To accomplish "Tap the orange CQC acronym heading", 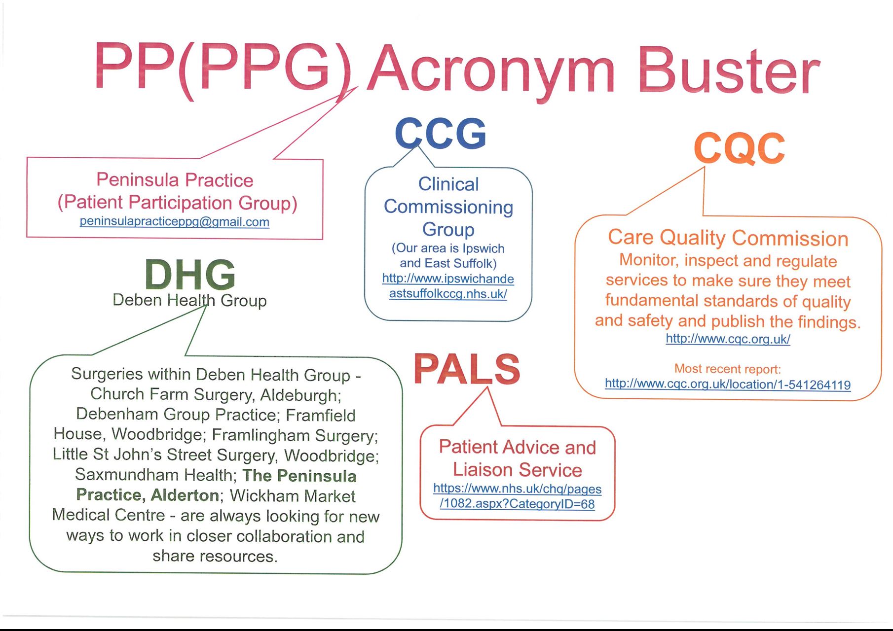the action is click(x=739, y=148).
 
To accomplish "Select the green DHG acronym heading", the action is click(x=190, y=275).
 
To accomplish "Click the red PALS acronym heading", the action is click(x=467, y=369).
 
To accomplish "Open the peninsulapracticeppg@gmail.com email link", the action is click(x=175, y=221).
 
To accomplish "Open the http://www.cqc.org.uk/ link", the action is click(x=728, y=339).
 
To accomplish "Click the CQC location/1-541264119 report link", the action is click(x=728, y=385).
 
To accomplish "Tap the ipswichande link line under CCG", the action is click(x=448, y=279).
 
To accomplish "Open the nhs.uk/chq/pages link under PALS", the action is click(x=517, y=489).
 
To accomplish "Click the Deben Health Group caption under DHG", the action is click(x=189, y=300).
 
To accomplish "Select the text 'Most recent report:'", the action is click(x=728, y=369).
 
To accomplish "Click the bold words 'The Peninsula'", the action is click(x=299, y=476).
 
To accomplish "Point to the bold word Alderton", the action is click(x=185, y=495).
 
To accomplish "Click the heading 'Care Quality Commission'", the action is click(x=728, y=238).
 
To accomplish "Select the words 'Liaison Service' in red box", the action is click(x=517, y=470).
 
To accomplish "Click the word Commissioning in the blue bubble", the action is click(x=448, y=208).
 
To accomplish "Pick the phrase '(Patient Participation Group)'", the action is click(x=177, y=203).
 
